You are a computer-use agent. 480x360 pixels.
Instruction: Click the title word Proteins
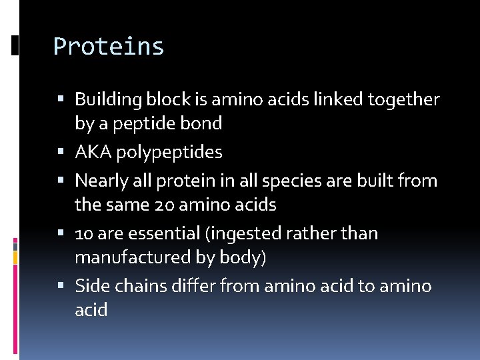click(x=109, y=47)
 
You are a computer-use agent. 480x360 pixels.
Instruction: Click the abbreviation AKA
click(x=93, y=152)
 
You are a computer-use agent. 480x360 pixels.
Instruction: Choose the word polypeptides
click(x=169, y=153)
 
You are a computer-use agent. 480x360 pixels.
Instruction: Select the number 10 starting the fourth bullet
click(x=84, y=234)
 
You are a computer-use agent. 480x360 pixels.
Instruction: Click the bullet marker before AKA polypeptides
click(x=61, y=152)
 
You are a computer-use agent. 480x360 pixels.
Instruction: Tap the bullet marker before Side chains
click(x=61, y=286)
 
